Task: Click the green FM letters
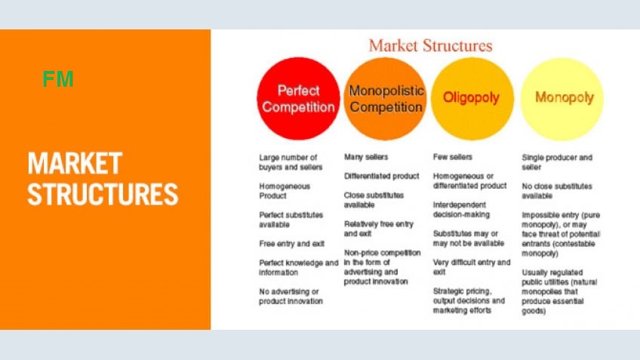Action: point(57,79)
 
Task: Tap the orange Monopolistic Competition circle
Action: point(386,99)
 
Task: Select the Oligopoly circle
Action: point(471,99)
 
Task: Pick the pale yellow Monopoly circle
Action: point(563,98)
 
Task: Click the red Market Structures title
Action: point(430,45)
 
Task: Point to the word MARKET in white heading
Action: point(75,163)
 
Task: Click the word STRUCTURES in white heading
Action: point(103,194)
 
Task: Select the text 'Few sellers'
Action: point(453,157)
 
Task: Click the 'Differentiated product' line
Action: point(381,176)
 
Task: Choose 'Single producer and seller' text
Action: point(557,162)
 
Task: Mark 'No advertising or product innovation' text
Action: point(290,296)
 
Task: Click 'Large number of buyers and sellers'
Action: point(291,162)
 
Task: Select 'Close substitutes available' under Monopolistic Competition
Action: point(374,200)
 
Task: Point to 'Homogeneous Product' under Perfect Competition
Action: point(284,190)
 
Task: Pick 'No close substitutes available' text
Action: point(557,190)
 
